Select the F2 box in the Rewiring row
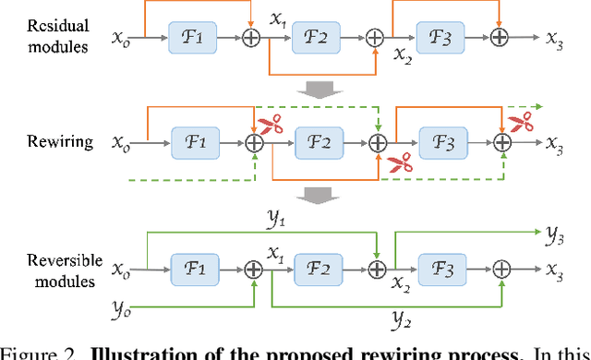319,143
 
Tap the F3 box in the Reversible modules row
442,268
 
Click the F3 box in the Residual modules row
442,38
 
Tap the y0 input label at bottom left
123,306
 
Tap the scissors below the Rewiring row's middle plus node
399,163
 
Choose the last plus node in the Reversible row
502,268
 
